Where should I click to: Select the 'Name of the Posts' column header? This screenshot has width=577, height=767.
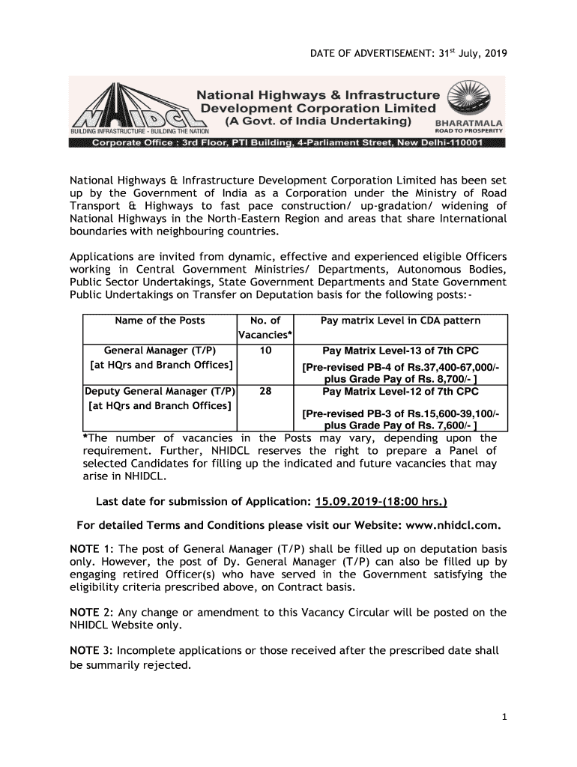(160, 321)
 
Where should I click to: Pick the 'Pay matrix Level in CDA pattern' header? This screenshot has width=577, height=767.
(400, 321)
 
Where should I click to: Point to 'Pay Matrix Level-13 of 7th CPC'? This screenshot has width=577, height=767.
(400, 351)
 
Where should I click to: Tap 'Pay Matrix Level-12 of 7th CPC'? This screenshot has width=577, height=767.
(400, 392)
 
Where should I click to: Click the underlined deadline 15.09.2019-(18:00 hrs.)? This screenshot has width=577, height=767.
(382, 501)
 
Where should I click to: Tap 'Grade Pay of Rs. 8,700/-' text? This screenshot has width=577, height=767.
(420, 380)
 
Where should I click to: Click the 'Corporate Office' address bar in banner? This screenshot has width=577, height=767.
(288, 144)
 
